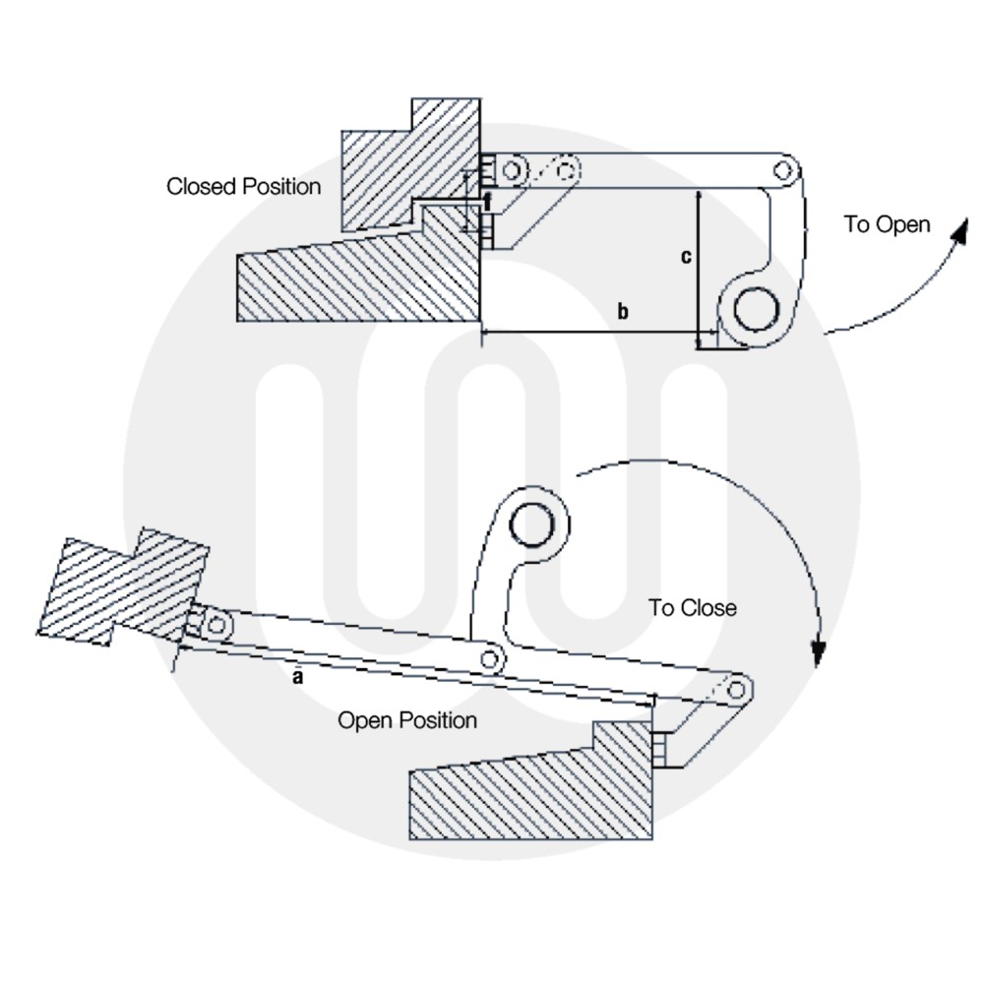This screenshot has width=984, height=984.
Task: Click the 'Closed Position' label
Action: point(243,186)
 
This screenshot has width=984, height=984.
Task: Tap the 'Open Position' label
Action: point(407,720)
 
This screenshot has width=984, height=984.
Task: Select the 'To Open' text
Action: point(887,224)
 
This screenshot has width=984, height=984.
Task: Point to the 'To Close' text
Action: point(692,608)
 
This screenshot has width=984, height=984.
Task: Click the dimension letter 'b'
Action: point(622,313)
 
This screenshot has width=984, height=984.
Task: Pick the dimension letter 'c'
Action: point(687,257)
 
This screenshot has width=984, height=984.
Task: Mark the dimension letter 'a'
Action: point(296,677)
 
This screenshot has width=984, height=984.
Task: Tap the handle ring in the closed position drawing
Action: point(755,311)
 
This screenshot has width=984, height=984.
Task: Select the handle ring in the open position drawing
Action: point(532,524)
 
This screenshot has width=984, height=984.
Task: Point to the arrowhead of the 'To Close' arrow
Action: point(816,650)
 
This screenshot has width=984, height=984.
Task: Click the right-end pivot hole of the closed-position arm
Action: point(782,170)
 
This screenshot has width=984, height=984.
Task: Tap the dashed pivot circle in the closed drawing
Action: point(566,171)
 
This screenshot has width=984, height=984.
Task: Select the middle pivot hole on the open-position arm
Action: point(491,658)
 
